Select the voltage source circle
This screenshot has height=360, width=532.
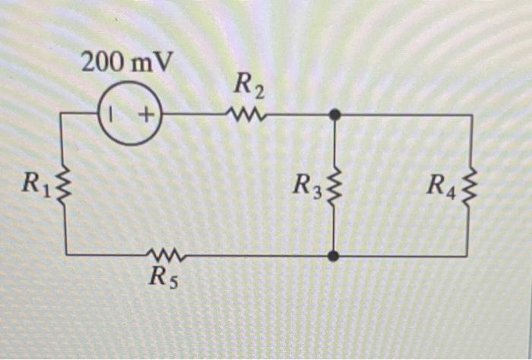pyautogui.click(x=129, y=115)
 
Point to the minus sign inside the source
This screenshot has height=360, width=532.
pyautogui.click(x=111, y=115)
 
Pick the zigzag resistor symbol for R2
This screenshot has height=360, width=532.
pyautogui.click(x=246, y=115)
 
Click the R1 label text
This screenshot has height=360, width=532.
pyautogui.click(x=36, y=182)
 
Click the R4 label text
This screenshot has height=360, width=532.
pyautogui.click(x=442, y=185)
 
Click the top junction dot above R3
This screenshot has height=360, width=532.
pyautogui.click(x=334, y=115)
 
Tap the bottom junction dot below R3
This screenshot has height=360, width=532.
pyautogui.click(x=334, y=256)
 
